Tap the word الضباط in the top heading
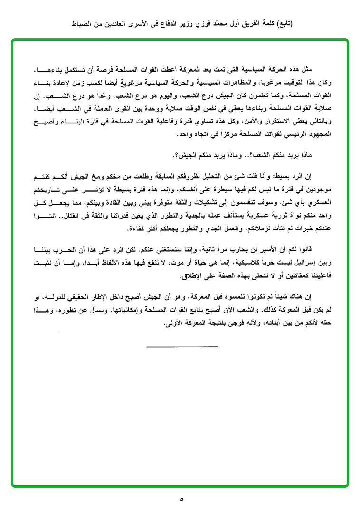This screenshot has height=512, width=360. coord(78,23)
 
